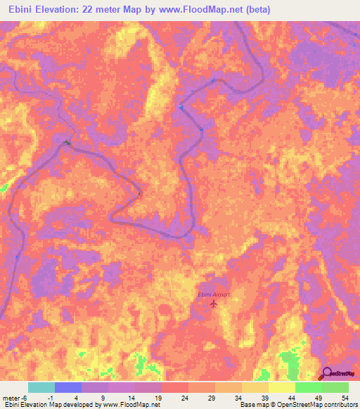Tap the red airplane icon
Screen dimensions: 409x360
coord(213,304)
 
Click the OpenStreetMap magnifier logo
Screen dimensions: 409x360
coord(327,374)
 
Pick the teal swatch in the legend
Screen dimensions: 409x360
coord(41,387)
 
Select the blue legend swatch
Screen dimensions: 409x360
coord(68,387)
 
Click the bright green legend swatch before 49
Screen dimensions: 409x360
coord(309,387)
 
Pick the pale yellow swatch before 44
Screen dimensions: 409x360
coord(282,387)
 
